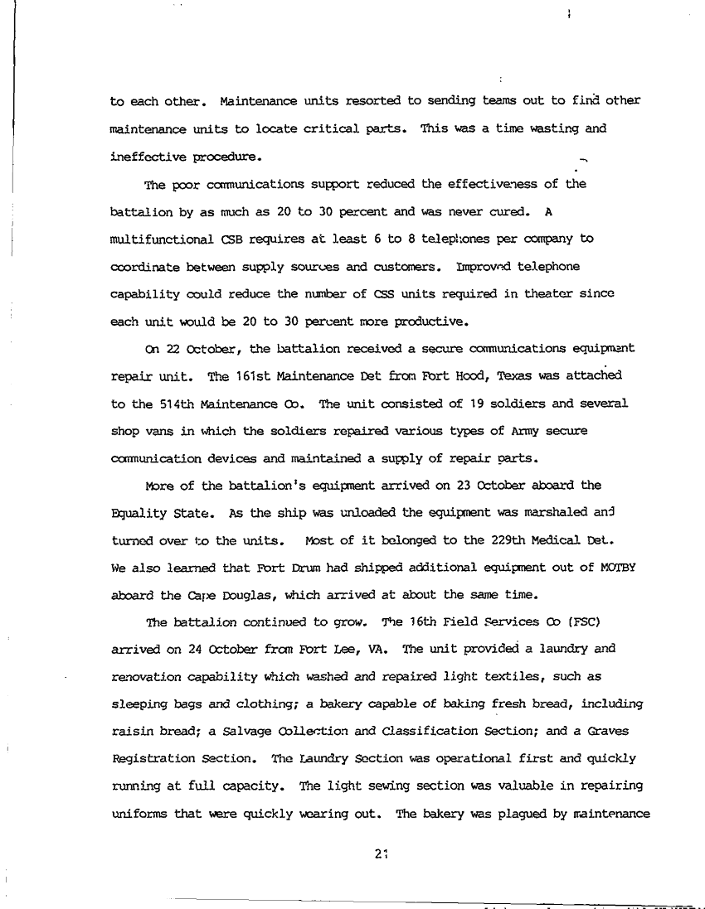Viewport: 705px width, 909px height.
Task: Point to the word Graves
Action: pos(618,731)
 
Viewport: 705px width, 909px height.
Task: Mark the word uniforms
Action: pos(139,814)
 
